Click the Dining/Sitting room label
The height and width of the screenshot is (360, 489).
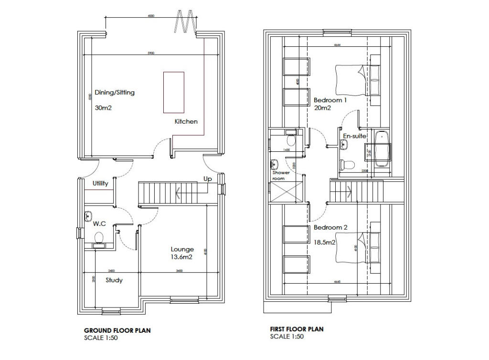(x=115, y=93)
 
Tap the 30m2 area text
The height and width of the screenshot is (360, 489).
(x=103, y=108)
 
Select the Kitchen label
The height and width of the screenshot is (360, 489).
(x=186, y=122)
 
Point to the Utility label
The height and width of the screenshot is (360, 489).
(x=100, y=183)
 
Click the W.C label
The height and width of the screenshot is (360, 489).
(x=99, y=223)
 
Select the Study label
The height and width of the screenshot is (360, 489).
(x=114, y=280)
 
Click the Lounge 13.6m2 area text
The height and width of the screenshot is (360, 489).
(x=181, y=257)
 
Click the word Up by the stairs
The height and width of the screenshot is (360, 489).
(x=208, y=179)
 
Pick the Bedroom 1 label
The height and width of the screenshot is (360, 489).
(x=330, y=101)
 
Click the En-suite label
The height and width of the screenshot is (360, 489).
(x=354, y=136)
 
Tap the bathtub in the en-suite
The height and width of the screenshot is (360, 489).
(x=382, y=149)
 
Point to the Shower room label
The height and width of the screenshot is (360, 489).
(x=281, y=175)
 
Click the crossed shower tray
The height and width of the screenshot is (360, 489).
(x=287, y=192)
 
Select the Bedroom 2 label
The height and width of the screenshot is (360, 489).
(x=330, y=228)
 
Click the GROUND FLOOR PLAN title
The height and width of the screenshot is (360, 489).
(x=117, y=330)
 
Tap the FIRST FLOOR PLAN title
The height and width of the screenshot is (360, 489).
(x=297, y=329)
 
